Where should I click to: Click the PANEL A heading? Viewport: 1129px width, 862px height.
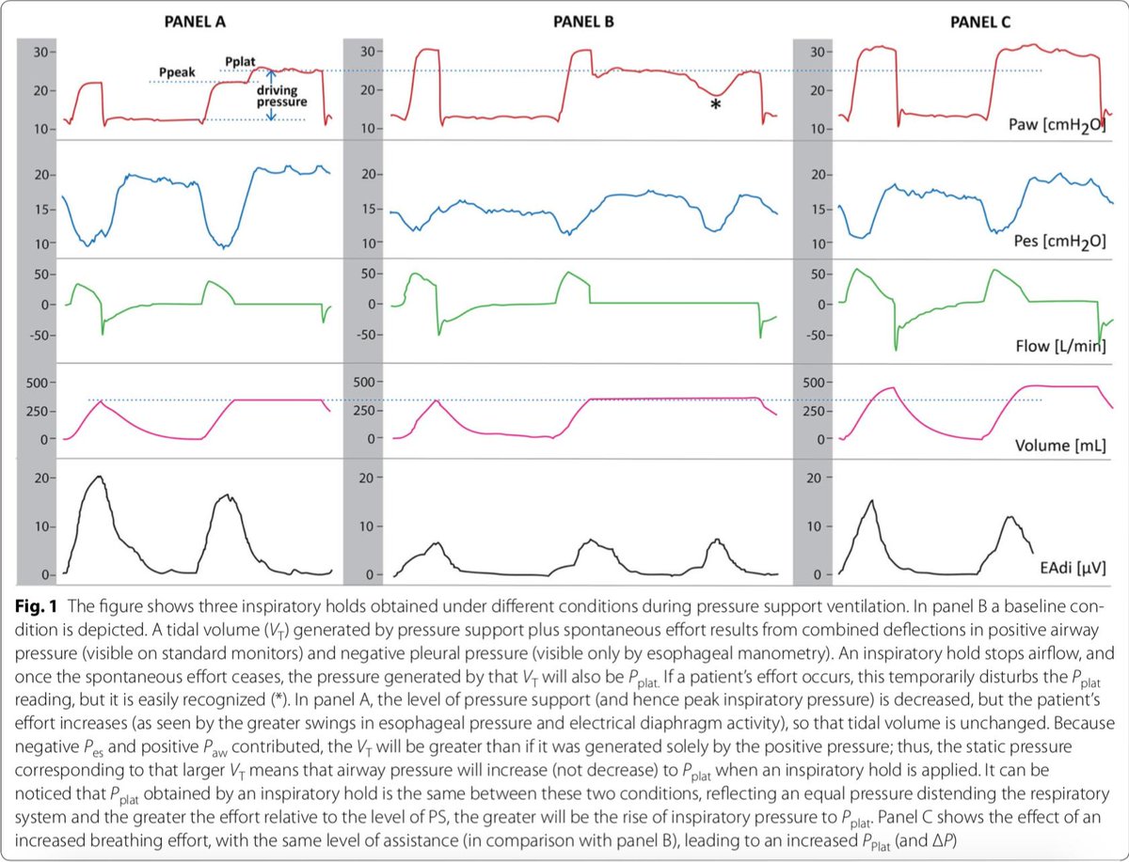click(186, 22)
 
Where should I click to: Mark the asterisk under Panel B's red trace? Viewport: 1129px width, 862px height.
click(716, 106)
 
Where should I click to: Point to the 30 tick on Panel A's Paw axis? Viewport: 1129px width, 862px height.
click(42, 51)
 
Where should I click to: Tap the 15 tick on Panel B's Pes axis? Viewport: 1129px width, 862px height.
click(371, 210)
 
